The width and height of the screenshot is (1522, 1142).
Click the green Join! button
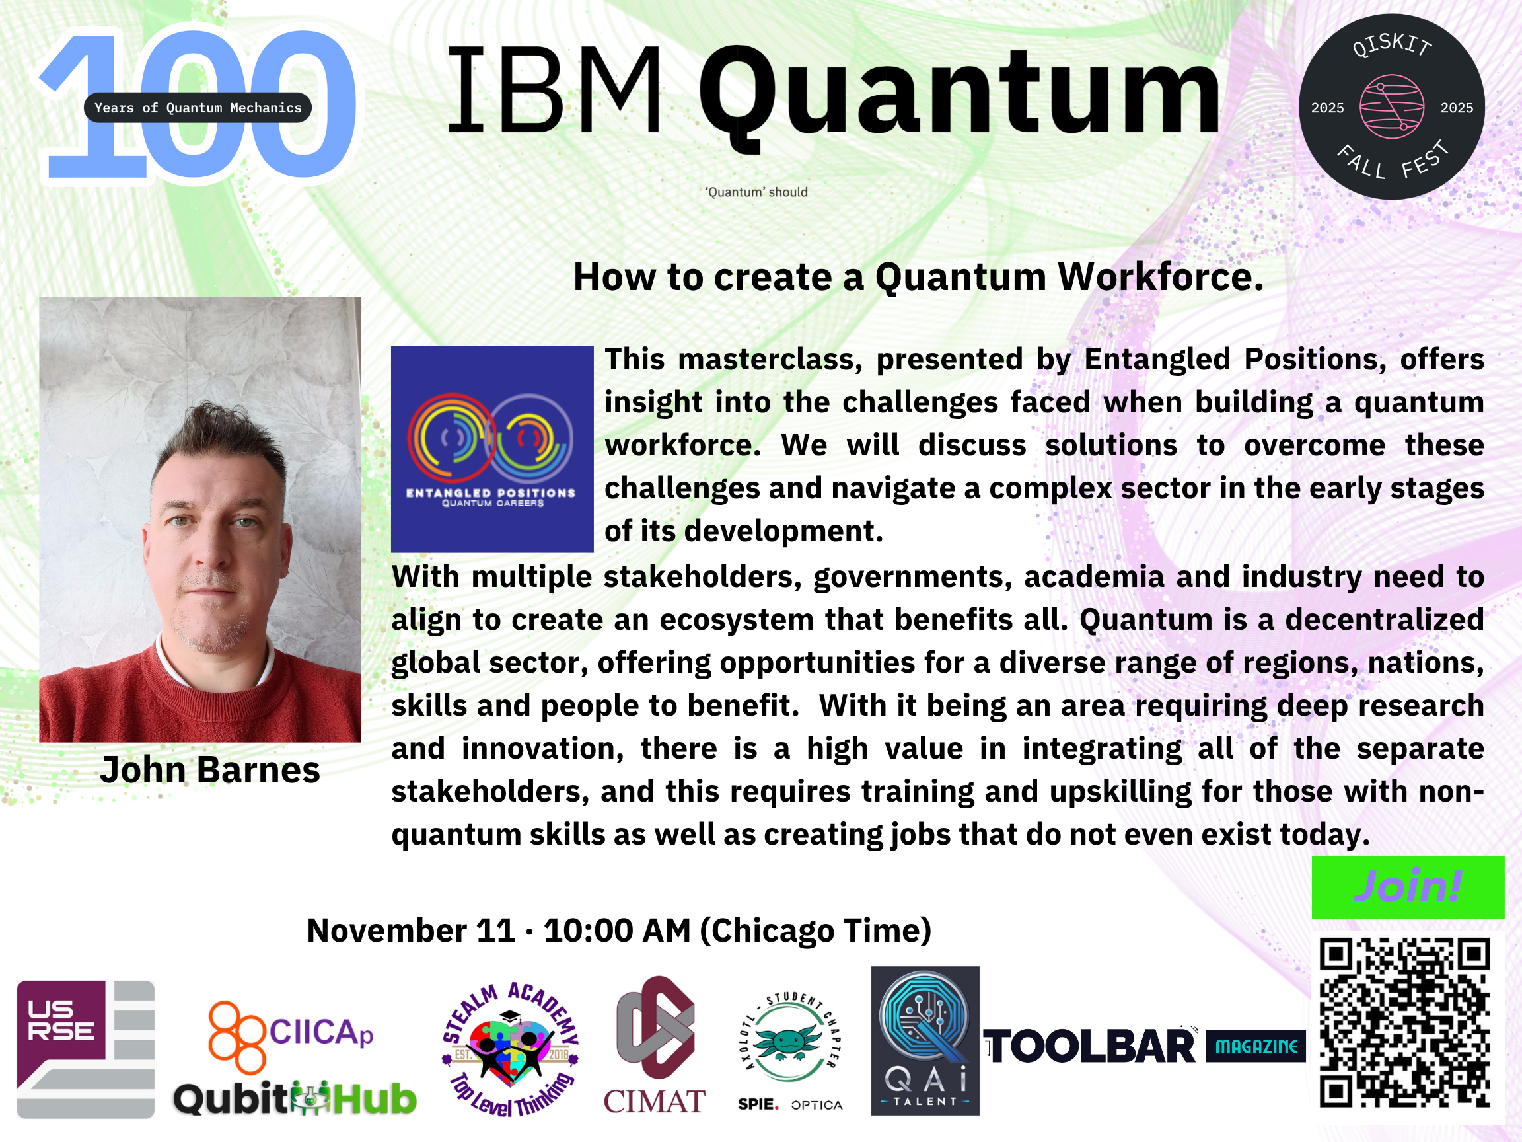1408,887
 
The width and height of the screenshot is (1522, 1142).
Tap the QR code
1404,1022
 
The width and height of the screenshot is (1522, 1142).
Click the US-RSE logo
85,1049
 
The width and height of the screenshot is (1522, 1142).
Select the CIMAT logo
655,1045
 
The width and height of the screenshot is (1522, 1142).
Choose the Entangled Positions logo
492,449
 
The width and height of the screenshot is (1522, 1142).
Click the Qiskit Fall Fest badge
1391,106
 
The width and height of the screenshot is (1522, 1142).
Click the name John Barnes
210,769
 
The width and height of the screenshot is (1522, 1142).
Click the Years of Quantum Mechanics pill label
198,107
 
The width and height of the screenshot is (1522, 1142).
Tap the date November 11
411,931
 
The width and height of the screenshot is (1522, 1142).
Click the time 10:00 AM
617,931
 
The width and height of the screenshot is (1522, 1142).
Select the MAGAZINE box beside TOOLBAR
1256,1046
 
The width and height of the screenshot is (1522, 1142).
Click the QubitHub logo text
295,1098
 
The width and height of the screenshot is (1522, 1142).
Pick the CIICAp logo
291,1037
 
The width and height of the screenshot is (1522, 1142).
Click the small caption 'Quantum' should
756,192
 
